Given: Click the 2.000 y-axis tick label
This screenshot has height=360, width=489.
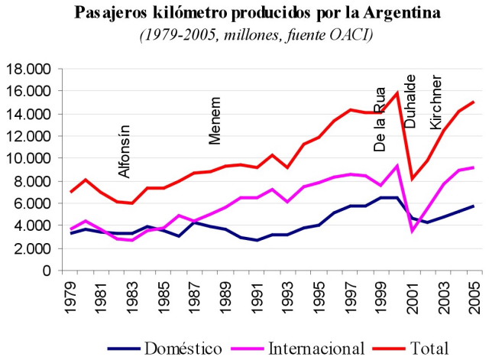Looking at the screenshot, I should tap(31, 248).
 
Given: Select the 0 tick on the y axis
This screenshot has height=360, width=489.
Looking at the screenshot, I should tap(46, 271).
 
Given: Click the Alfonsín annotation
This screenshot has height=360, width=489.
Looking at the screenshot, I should tap(125, 151).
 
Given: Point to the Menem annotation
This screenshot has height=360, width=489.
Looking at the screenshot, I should tap(215, 121).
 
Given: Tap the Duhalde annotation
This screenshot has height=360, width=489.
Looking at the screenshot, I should tap(410, 101).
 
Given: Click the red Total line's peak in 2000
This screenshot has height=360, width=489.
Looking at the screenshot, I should tap(397, 92).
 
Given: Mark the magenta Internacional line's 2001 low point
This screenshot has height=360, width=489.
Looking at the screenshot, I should tap(413, 231).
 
